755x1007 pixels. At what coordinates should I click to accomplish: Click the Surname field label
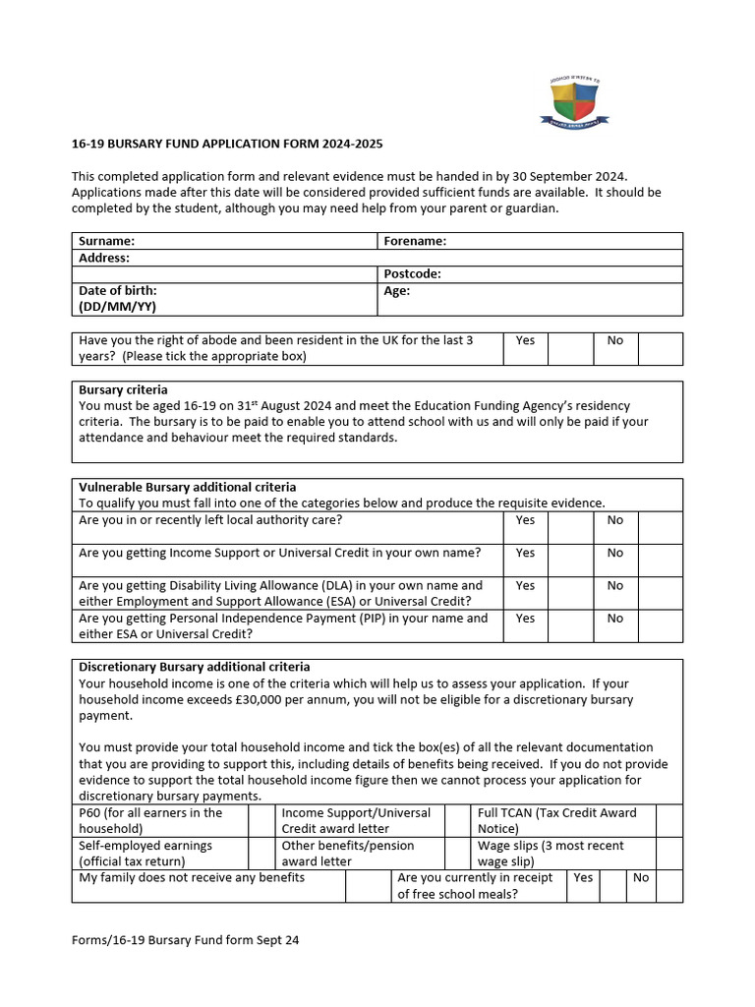[x=107, y=241]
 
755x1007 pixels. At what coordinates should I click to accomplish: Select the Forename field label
[x=415, y=241]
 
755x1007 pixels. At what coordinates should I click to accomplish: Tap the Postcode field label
[x=412, y=274]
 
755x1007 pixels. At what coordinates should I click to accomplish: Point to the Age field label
[x=397, y=291]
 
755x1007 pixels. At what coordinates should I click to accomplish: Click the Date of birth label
[x=118, y=291]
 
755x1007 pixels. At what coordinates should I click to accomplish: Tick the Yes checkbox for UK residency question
[x=570, y=348]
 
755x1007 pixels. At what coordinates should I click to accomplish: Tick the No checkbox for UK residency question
[x=660, y=348]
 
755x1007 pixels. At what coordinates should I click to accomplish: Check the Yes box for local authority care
[x=570, y=528]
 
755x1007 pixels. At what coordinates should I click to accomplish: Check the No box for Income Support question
[x=660, y=561]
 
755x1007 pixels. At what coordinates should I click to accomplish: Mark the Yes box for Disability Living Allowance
[x=570, y=593]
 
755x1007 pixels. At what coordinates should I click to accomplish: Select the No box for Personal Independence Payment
[x=660, y=625]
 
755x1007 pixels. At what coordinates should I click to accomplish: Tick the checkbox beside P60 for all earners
[x=261, y=820]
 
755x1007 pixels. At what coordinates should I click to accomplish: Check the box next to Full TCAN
[x=668, y=820]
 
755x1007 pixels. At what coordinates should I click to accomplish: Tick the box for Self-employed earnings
[x=261, y=853]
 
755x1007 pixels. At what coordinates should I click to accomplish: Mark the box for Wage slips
[x=668, y=853]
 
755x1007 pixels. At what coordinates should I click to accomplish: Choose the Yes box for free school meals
[x=613, y=885]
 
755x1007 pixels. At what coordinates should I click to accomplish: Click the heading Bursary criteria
[x=123, y=389]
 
